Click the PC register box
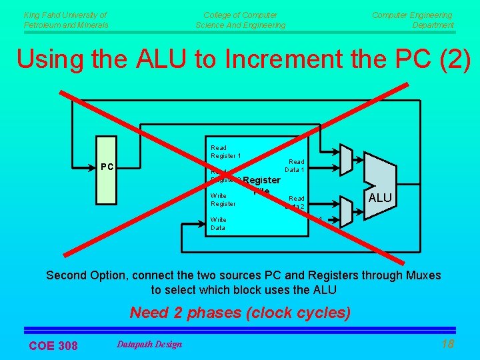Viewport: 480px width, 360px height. (107, 170)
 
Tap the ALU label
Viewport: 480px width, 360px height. (380, 198)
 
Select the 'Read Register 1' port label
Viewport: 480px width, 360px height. (225, 152)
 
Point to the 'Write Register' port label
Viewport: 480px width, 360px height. (223, 200)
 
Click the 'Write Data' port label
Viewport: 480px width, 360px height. (218, 224)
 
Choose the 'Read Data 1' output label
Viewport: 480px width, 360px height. (295, 166)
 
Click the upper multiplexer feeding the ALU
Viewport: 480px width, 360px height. (345, 159)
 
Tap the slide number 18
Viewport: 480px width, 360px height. (447, 343)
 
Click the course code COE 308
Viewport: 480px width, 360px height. (53, 345)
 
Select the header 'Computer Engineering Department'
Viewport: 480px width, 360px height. (413, 20)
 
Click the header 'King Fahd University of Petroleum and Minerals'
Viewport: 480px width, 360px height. (65, 20)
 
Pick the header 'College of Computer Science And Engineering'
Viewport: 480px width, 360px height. (240, 20)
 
